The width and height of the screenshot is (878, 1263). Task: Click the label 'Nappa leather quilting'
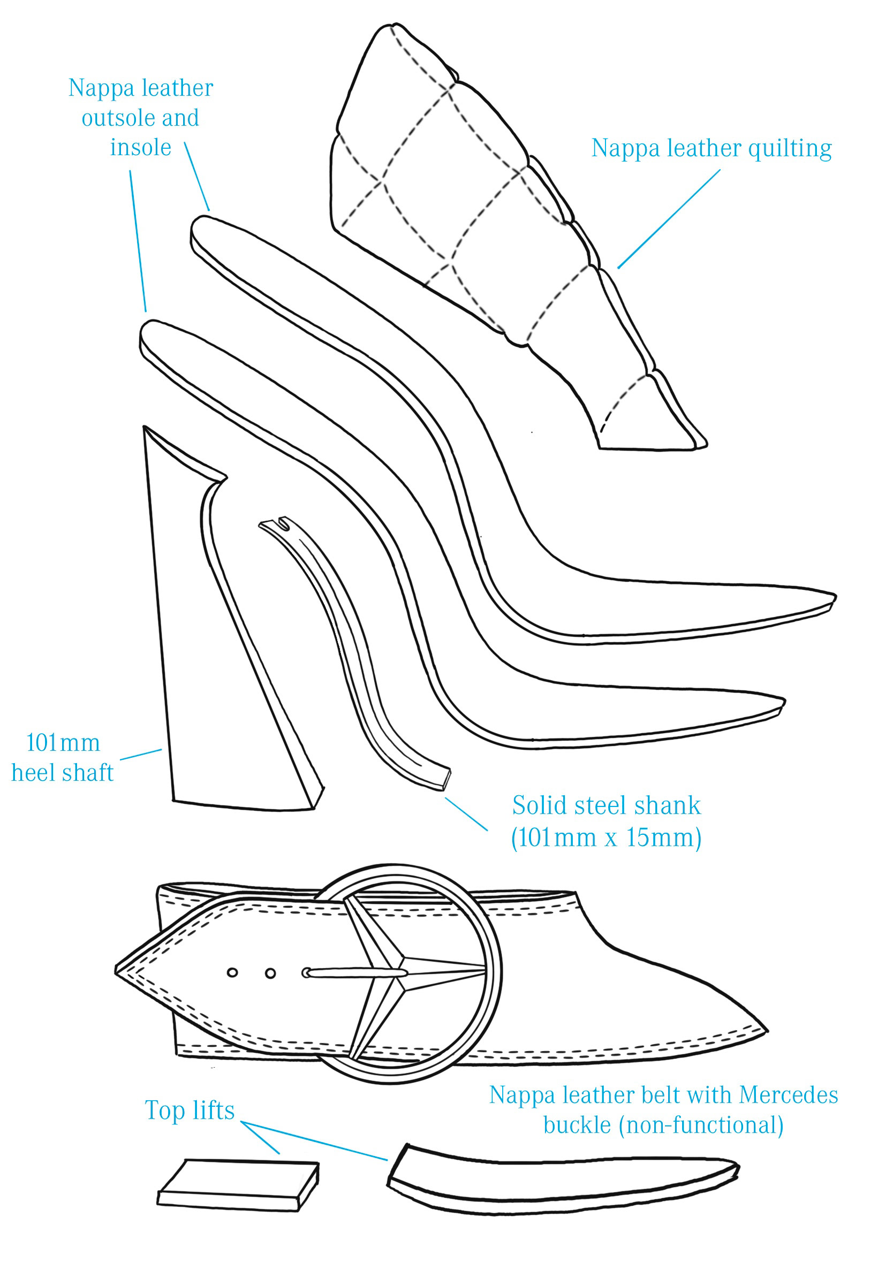tap(711, 148)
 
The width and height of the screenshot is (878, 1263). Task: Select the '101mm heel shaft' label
tap(63, 757)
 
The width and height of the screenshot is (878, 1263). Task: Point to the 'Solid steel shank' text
tap(606, 805)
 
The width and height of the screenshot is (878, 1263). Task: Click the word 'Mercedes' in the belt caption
tap(789, 1095)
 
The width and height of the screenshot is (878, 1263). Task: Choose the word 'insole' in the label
tap(141, 147)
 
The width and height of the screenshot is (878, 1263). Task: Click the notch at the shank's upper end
tap(284, 521)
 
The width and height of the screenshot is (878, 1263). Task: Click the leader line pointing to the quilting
tap(668, 219)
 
